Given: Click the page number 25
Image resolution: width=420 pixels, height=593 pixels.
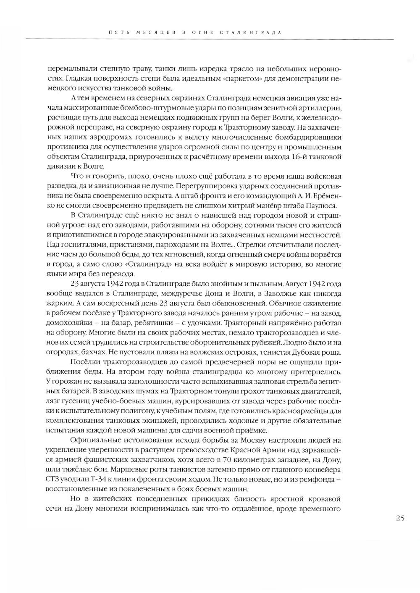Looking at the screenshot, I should [400, 518].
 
